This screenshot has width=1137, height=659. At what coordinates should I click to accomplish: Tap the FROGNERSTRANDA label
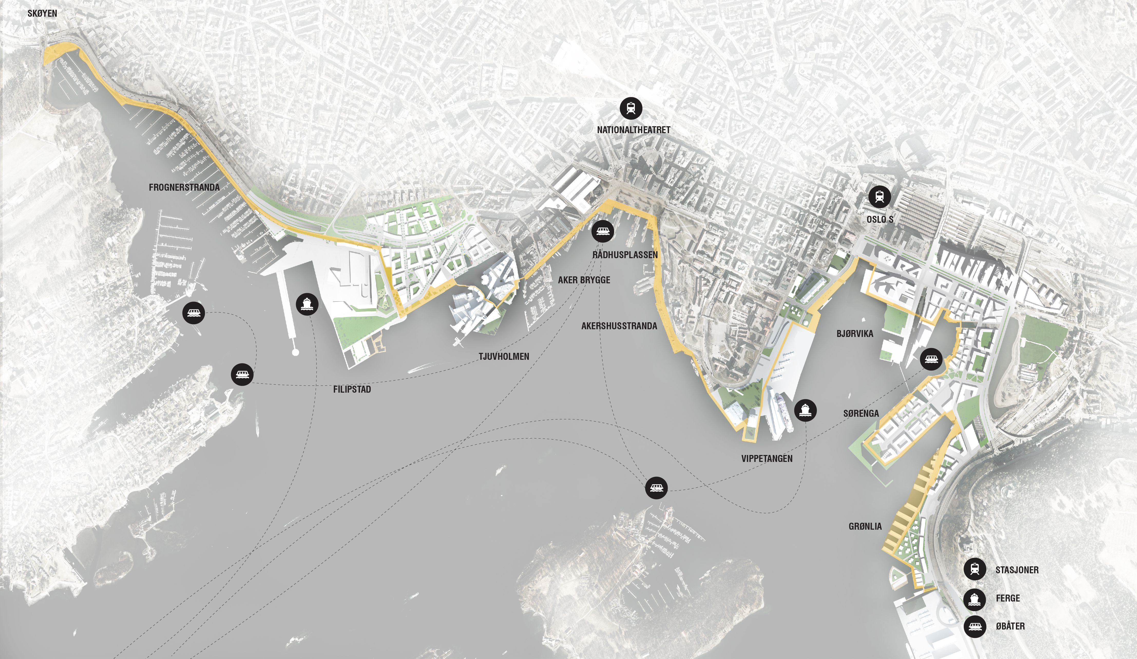point(184,187)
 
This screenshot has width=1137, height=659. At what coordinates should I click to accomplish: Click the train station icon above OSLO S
point(879,197)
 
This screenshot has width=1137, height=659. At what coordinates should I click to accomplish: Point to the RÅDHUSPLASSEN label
point(625,255)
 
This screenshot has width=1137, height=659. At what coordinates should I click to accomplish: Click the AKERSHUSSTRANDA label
point(619,326)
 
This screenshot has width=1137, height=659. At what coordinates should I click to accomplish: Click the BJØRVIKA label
point(855,334)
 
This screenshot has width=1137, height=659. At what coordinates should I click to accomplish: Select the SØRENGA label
point(861,413)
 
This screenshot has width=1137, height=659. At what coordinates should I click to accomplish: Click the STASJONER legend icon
point(974,569)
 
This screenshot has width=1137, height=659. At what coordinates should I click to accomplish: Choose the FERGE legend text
point(1008,598)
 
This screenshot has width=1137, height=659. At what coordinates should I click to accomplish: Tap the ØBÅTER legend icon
point(974,626)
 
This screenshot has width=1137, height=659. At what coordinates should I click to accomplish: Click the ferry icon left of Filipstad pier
point(307,304)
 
